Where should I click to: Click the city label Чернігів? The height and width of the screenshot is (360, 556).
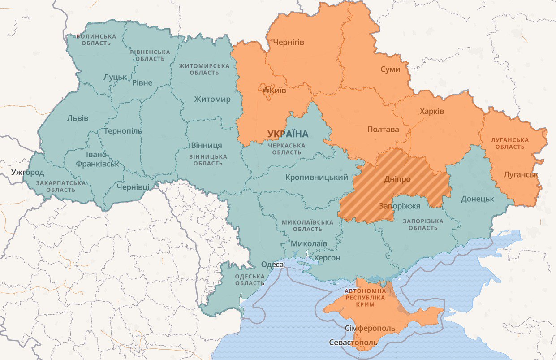click(286, 43)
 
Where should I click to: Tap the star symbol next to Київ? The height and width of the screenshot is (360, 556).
click(265, 91)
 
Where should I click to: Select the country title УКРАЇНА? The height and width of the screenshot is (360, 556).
click(288, 134)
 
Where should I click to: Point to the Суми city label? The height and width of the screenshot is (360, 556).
click(390, 69)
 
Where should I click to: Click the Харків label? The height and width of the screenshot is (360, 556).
click(431, 111)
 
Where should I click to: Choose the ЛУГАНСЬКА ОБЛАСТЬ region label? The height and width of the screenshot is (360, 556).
click(510, 143)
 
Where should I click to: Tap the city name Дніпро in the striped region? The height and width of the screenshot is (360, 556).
click(397, 179)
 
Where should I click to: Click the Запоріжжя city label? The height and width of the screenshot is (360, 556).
click(399, 206)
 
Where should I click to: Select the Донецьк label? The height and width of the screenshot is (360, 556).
click(477, 199)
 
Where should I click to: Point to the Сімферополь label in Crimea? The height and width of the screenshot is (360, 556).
click(370, 328)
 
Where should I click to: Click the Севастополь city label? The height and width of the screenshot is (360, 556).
click(353, 343)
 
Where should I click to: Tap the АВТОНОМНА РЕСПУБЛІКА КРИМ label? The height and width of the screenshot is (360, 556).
click(365, 297)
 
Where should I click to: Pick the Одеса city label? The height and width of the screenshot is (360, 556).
click(272, 265)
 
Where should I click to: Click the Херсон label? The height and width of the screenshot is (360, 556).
click(327, 258)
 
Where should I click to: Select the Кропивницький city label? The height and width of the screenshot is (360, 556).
click(317, 178)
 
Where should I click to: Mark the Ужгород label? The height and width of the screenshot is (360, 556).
click(28, 172)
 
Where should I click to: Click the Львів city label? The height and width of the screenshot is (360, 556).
click(78, 118)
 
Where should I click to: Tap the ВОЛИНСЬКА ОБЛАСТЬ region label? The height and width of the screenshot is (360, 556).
click(96, 39)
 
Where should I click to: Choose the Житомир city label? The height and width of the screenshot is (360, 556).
click(212, 99)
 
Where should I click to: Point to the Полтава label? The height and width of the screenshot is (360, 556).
click(383, 130)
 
